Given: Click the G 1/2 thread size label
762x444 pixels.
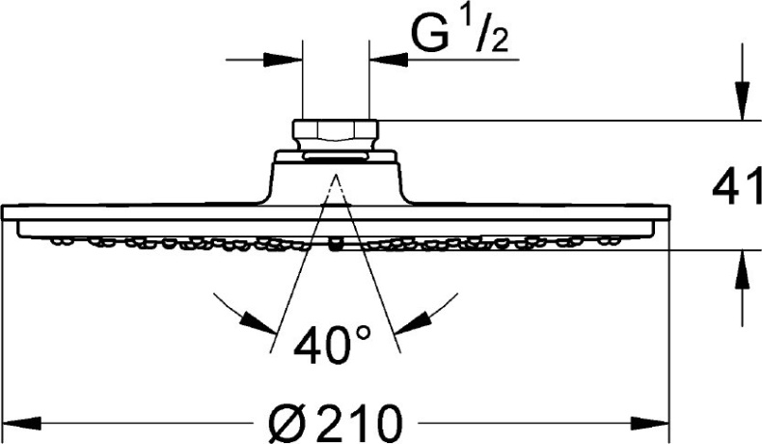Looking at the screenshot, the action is point(459,33).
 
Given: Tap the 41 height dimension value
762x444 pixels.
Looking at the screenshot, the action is point(736,186).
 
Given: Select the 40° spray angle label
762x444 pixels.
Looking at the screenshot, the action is point(333,345).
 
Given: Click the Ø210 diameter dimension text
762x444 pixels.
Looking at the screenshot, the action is point(336,423).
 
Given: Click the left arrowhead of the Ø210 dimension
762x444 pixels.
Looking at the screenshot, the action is point(22,423).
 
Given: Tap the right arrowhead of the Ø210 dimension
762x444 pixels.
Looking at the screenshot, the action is point(650,423).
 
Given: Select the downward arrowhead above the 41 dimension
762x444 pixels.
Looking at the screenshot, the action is point(742,100).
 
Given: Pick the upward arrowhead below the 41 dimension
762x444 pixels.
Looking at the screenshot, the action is point(742,269).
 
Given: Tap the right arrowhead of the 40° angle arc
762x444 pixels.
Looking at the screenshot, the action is point(414,323).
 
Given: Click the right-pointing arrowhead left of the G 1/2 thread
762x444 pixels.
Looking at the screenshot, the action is point(283,60).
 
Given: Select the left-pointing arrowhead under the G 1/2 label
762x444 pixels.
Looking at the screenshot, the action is point(389,60).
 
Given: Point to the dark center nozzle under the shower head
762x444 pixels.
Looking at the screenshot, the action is point(335,244).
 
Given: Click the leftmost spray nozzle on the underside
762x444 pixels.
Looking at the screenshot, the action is point(59,240).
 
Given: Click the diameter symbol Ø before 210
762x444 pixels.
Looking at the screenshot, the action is point(286,423).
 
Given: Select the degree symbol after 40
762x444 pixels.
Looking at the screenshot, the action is point(363,333).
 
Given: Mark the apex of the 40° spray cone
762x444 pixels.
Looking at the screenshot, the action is point(335,174).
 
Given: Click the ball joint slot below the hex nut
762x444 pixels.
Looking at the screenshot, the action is point(336,155).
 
